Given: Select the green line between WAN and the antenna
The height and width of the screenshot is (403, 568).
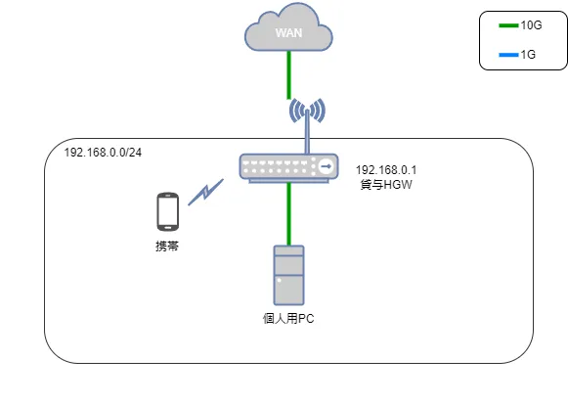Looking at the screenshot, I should pos(289,76).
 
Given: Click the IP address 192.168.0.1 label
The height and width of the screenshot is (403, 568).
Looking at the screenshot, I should pos(387,168).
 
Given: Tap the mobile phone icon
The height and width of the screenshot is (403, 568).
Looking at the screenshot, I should pos(167,210).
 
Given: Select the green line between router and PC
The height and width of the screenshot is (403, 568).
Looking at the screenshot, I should pos(289,213).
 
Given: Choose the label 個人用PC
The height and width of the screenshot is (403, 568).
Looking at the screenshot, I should pos(288,319).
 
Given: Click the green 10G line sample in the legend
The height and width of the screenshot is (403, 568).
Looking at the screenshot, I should pos(508,26).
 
